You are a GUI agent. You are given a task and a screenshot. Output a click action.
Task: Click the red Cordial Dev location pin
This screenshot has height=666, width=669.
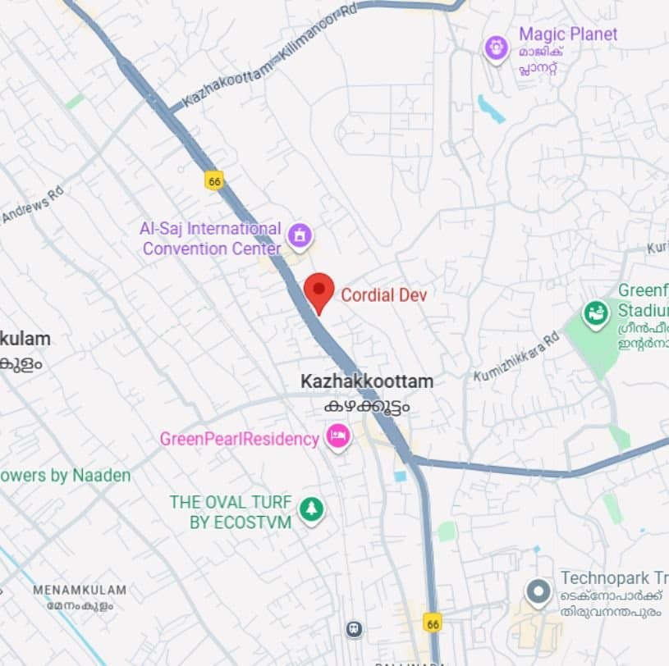point(318,291)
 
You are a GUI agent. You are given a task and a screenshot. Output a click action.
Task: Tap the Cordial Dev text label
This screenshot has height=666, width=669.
point(383,295)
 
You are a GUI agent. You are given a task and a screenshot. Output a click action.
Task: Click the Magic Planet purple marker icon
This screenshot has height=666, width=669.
point(496,48)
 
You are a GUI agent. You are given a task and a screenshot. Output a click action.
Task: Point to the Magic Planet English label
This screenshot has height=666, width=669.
point(568,34)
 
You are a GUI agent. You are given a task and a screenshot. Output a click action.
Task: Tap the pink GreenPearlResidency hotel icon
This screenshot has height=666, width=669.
point(337,436)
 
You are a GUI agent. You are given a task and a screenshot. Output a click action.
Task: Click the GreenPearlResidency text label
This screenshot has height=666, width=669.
point(239,439)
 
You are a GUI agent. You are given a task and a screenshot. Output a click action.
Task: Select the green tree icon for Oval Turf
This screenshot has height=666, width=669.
point(310,509)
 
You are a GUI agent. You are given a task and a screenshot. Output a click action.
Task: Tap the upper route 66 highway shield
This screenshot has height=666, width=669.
point(215,181)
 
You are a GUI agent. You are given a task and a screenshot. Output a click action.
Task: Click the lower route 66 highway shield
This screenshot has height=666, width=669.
point(433,623)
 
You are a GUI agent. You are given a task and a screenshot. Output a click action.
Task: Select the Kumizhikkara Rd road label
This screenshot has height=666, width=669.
point(516,356)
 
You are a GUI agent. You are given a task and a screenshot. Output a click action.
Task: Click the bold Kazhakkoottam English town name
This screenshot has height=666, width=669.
point(366,381)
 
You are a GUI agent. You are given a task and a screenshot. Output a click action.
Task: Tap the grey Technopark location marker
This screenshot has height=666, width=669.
point(538,591)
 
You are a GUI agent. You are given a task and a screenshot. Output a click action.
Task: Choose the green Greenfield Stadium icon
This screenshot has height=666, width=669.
point(595,312)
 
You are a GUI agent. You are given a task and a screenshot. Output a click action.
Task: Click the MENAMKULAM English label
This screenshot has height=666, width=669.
point(80,590)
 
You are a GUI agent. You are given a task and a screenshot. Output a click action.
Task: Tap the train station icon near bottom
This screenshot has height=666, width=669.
point(354,628)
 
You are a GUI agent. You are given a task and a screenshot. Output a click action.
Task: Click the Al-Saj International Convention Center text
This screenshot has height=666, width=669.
point(211,238)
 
